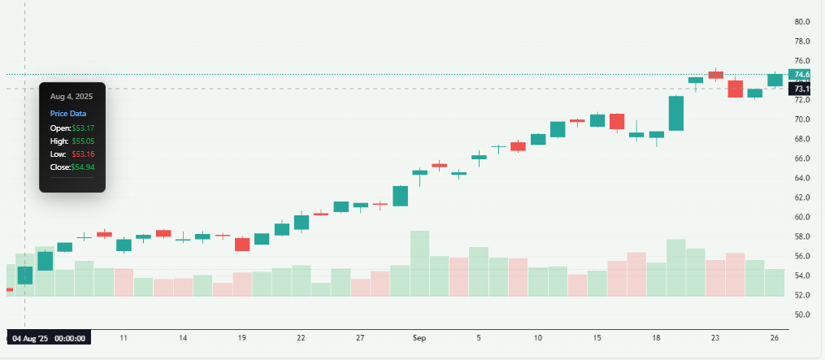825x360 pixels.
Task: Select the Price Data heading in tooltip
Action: pyautogui.click(x=68, y=114)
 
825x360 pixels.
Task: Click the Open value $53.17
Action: pyautogui.click(x=83, y=128)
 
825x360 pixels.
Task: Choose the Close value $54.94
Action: pyautogui.click(x=83, y=167)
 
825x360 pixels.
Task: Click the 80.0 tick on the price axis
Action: pyautogui.click(x=803, y=22)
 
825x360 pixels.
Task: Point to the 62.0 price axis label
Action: pyautogui.click(x=803, y=197)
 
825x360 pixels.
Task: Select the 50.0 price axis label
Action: pyautogui.click(x=803, y=314)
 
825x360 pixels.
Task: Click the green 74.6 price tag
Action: pyautogui.click(x=802, y=75)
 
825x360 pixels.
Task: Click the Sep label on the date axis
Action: pyautogui.click(x=419, y=337)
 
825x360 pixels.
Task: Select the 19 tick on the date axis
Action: pyautogui.click(x=242, y=337)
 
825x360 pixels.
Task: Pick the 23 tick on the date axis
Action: pyautogui.click(x=715, y=337)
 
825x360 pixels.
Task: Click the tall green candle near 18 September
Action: pyautogui.click(x=676, y=113)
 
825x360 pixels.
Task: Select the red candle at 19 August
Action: pyautogui.click(x=242, y=244)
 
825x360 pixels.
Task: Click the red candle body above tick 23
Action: pyautogui.click(x=715, y=75)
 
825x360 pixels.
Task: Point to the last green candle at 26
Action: pyautogui.click(x=775, y=80)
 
